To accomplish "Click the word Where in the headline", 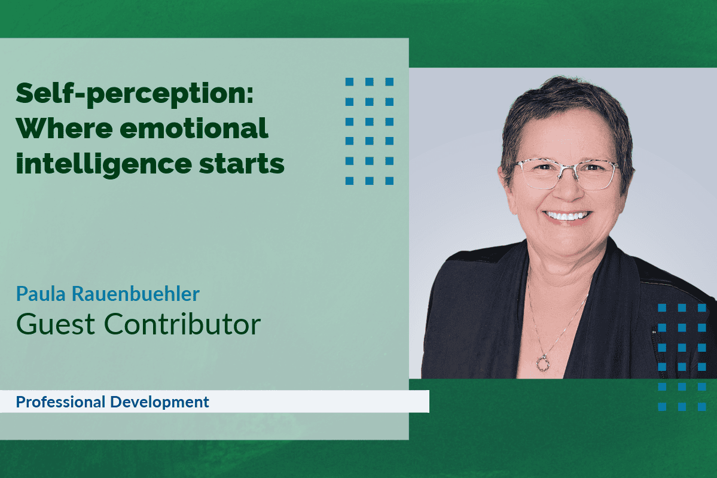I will tap(55, 129).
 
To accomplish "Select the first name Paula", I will tap(40, 294).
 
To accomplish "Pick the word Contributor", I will tap(183, 324).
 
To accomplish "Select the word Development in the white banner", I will tap(160, 402).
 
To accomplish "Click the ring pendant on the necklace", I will tap(542, 362).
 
